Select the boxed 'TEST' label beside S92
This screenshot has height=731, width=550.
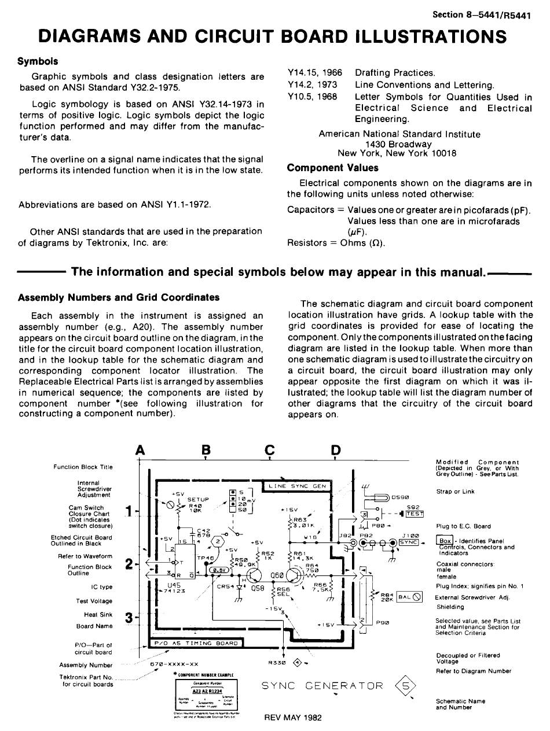pyautogui.click(x=415, y=513)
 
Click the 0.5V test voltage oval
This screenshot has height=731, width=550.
pyautogui.click(x=219, y=570)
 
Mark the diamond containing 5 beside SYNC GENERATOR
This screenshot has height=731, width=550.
pyautogui.click(x=406, y=686)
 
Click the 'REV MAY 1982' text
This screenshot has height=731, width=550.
pyautogui.click(x=293, y=718)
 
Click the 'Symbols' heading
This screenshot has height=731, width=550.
pyautogui.click(x=38, y=61)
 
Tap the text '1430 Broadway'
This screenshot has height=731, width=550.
pyautogui.click(x=398, y=144)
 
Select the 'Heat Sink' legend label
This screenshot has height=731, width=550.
pyautogui.click(x=98, y=614)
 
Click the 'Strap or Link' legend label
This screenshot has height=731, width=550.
pyautogui.click(x=456, y=492)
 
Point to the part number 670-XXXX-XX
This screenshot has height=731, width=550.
pyautogui.click(x=174, y=664)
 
